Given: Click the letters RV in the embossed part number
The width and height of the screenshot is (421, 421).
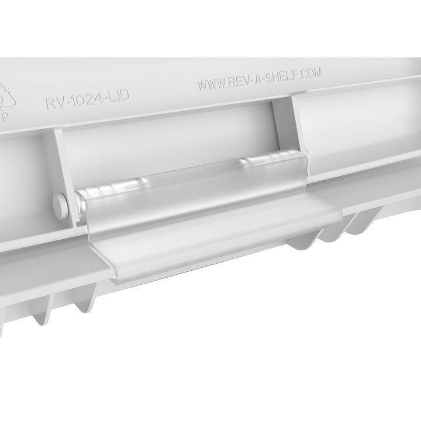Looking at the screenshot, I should (53, 103).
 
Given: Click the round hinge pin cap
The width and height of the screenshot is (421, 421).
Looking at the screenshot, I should (59, 203).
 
